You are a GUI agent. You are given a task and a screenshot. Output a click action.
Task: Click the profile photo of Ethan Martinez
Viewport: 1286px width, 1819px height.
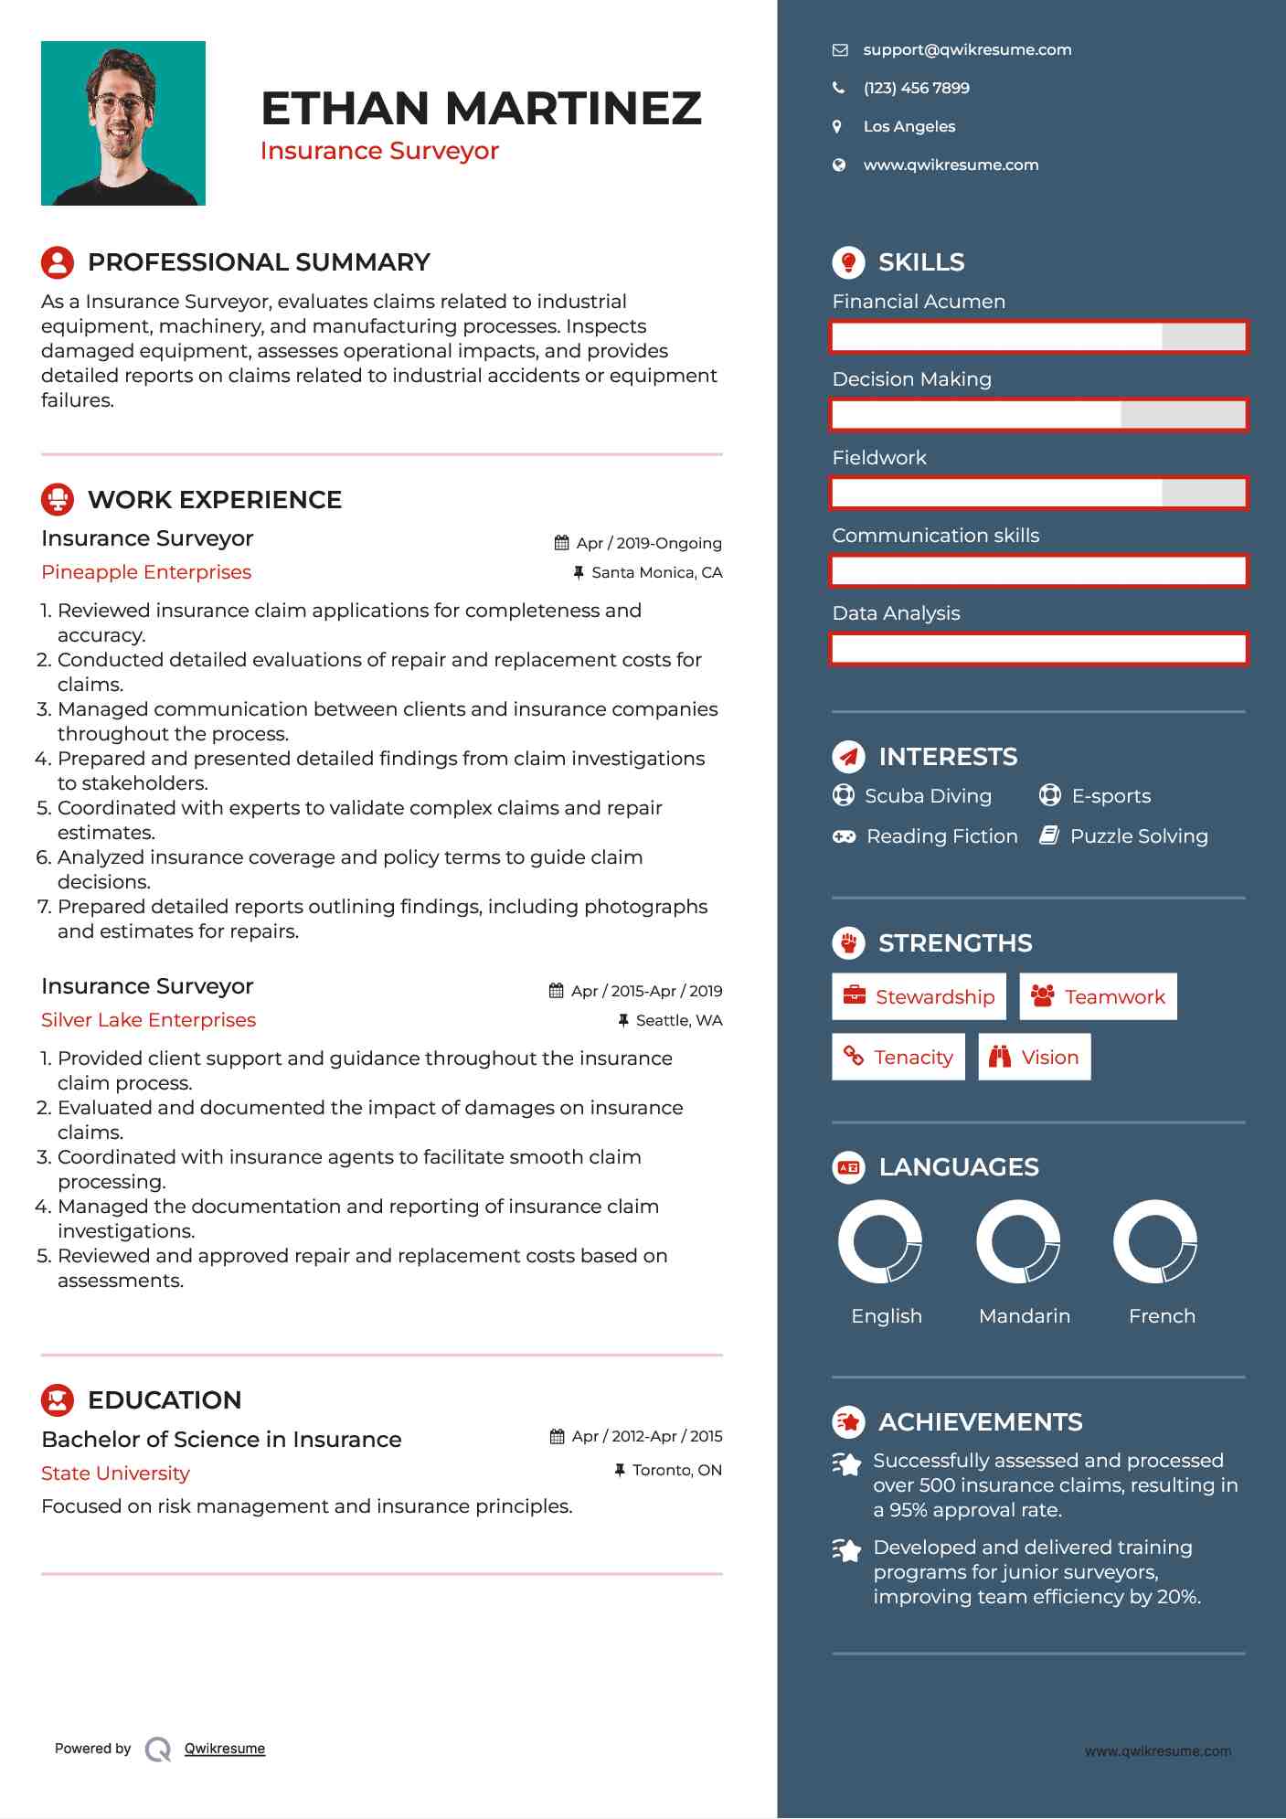tap(123, 123)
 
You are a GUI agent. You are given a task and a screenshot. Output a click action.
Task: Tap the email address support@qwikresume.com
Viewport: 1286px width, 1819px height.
tap(967, 50)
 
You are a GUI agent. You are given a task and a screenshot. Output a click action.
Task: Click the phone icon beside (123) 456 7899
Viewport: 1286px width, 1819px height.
tap(838, 88)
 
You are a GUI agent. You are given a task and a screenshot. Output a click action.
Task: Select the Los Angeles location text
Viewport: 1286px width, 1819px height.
tap(909, 126)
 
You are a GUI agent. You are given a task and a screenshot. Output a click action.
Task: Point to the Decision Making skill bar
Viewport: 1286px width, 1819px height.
tap(1038, 415)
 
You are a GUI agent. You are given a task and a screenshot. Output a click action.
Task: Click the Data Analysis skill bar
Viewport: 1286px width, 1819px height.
tap(1038, 649)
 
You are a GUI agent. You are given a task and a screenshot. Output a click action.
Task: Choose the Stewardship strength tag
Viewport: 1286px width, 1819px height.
tap(919, 996)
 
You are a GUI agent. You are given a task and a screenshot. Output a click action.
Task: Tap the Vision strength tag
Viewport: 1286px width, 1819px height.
tap(1034, 1057)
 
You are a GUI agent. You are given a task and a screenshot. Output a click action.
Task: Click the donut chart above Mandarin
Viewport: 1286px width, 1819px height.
tap(1018, 1242)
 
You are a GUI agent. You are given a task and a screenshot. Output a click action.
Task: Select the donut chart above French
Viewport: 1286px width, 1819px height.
tap(1155, 1242)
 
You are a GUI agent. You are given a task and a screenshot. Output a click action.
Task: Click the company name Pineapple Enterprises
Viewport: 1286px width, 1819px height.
tap(146, 572)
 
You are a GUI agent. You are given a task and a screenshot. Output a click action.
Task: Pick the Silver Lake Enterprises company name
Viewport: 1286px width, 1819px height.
tap(148, 1020)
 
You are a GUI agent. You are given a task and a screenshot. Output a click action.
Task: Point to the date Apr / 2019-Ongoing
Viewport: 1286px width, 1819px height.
tap(648, 543)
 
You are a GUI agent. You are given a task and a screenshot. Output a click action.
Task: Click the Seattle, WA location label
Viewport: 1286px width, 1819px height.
tap(678, 1020)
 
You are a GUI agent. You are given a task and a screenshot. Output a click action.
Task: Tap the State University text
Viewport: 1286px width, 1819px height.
tap(115, 1473)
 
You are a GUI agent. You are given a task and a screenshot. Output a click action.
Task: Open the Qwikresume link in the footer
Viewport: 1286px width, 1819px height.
tap(225, 1749)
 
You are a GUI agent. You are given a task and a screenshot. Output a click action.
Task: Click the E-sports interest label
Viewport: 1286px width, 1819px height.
tap(1111, 796)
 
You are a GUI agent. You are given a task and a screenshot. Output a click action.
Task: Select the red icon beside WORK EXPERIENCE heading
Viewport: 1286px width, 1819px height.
tap(58, 499)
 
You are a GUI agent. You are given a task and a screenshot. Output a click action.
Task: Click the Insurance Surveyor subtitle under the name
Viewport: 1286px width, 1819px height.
tap(379, 151)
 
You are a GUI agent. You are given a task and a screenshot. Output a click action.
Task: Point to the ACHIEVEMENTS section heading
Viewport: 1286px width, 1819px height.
tap(980, 1422)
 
